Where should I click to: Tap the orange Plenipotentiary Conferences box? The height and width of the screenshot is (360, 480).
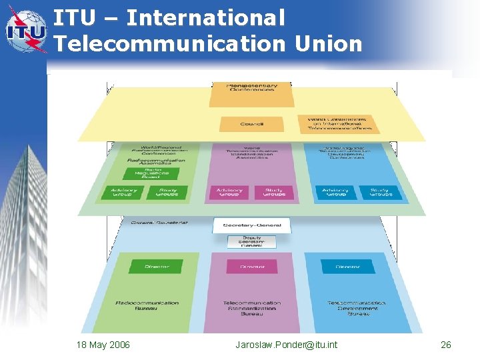point(251,94)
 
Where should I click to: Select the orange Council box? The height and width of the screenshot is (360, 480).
point(251,124)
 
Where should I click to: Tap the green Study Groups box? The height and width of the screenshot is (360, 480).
point(166,193)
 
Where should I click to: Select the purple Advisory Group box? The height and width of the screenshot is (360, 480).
point(229,193)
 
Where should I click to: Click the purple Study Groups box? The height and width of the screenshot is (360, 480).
point(274,193)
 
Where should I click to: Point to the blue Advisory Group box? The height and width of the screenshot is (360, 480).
point(335,193)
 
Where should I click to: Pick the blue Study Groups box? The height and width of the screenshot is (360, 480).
point(379,193)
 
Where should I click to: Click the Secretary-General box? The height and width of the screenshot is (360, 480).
point(251,225)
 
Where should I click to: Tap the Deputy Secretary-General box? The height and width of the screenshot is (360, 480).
point(251,241)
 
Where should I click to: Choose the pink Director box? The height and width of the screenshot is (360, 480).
point(251,267)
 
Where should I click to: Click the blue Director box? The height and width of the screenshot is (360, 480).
point(347,267)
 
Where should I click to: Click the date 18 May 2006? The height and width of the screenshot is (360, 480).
point(103,345)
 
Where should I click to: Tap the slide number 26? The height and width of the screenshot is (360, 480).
point(446,345)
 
